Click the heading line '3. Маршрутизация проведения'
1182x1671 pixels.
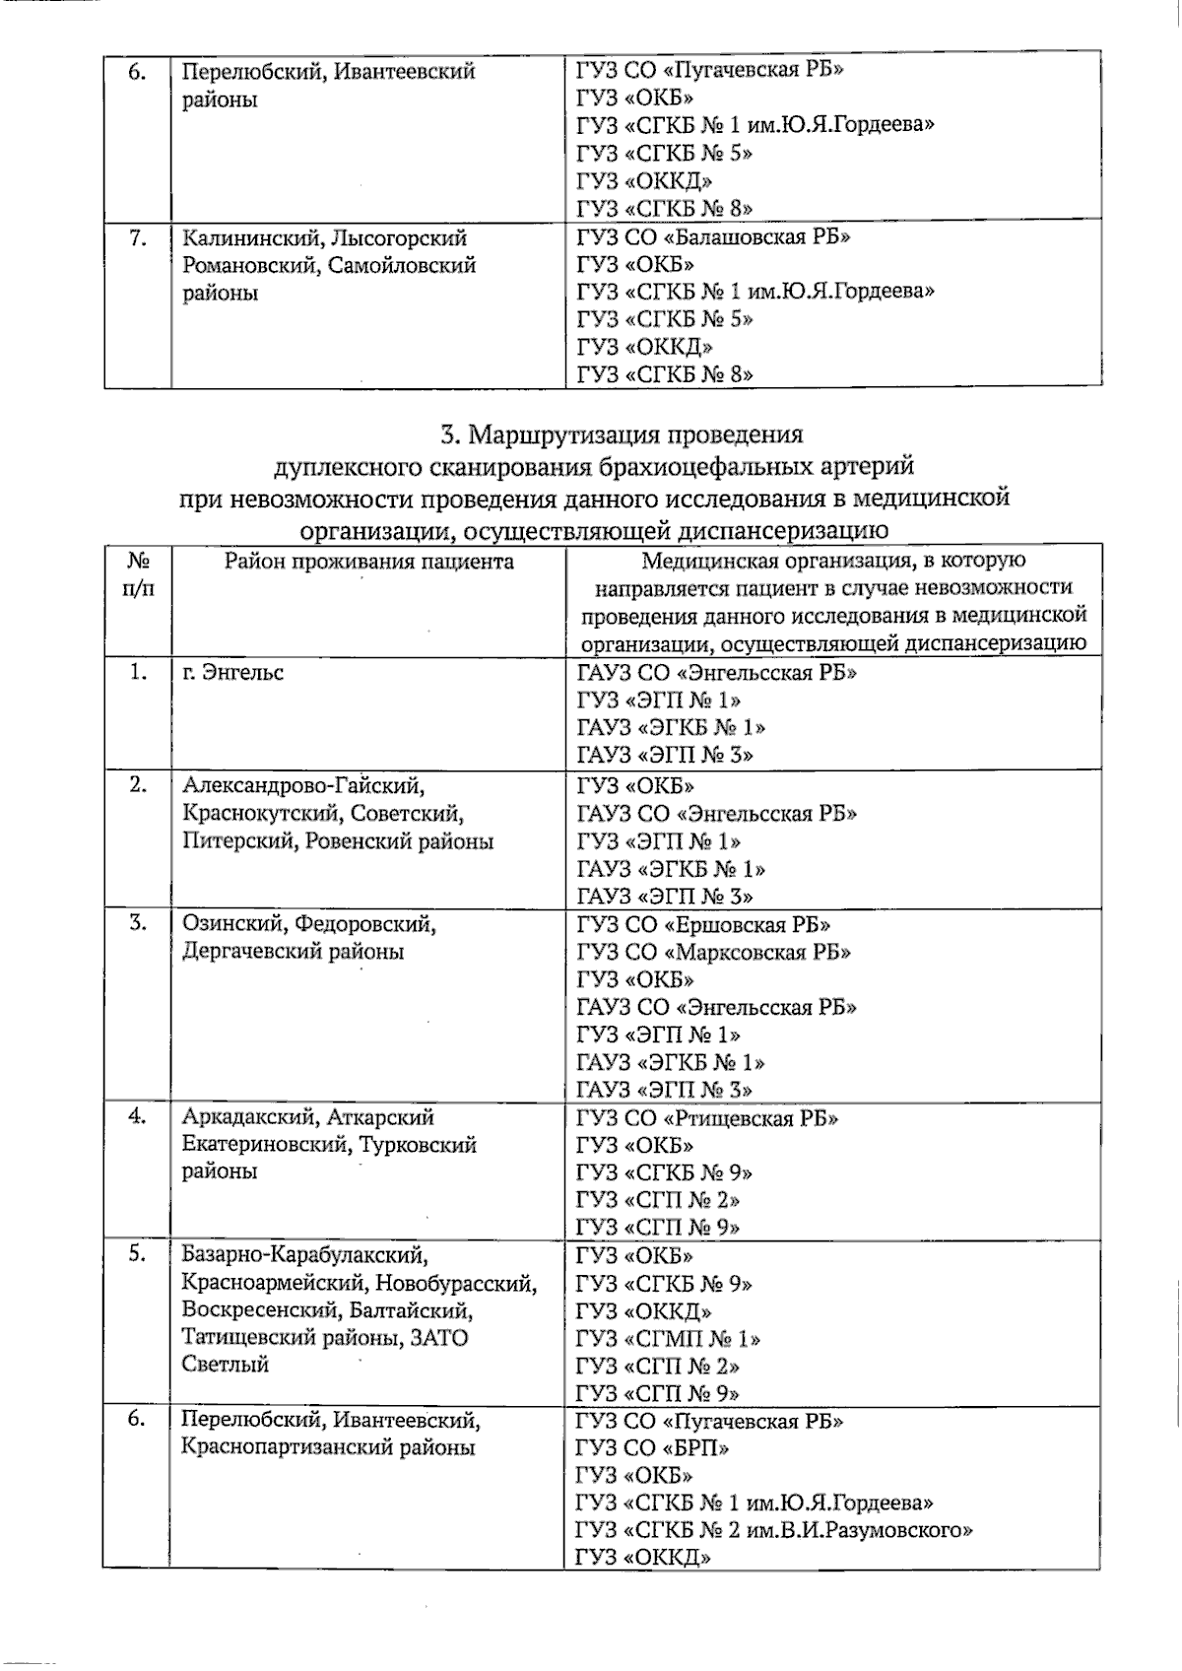(622, 434)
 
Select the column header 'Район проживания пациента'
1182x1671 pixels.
(368, 562)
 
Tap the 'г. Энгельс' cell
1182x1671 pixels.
(233, 673)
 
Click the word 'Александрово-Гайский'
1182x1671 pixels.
(303, 786)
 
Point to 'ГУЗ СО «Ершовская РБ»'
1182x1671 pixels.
(703, 925)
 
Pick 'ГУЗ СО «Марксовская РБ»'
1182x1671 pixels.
(713, 953)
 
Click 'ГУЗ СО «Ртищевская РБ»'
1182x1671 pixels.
(707, 1118)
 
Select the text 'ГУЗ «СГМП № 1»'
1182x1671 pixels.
(668, 1339)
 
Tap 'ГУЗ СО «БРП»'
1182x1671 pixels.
(653, 1448)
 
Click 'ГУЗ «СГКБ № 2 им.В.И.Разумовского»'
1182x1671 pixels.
(774, 1531)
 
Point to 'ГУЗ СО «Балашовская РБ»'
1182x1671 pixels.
(713, 237)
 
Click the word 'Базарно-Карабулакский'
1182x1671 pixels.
(305, 1255)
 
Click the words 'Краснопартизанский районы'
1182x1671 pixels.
(328, 1448)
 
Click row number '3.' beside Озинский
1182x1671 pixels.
(138, 924)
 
